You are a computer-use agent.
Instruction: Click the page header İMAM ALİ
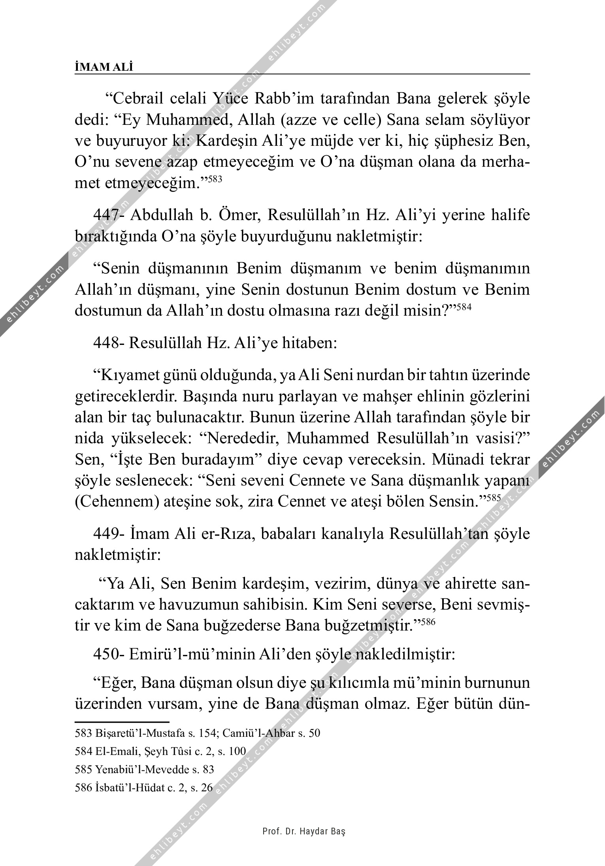[x=104, y=67]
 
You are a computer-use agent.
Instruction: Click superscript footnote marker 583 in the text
[x=215, y=179]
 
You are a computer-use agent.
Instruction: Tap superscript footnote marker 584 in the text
[x=464, y=307]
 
